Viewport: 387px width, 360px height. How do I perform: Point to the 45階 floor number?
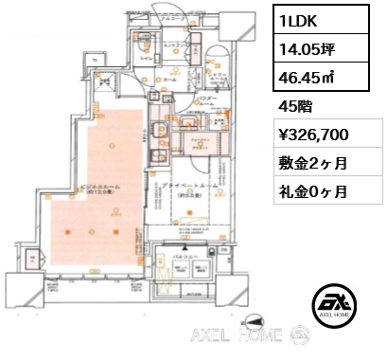pos(295,106)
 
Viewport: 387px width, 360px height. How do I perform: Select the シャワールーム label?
pos(217,77)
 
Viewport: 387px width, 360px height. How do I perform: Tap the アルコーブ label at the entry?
pos(170,19)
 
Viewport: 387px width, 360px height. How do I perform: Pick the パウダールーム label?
pos(209,98)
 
